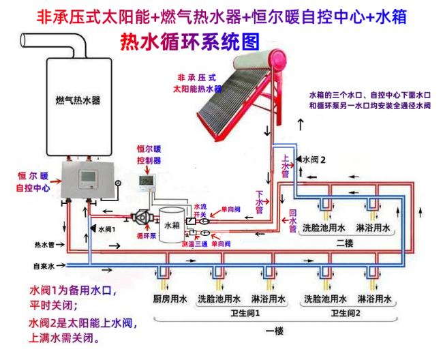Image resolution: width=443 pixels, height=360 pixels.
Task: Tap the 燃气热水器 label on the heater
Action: click(x=78, y=100)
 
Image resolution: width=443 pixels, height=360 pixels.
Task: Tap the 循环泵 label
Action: click(x=147, y=236)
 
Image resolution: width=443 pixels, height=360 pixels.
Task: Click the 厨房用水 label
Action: click(x=166, y=299)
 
